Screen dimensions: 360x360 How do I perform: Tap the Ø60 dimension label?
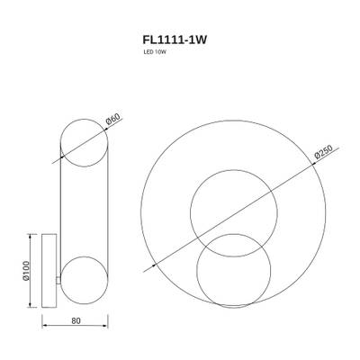[112, 118]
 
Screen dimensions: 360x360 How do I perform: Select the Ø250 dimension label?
[324, 155]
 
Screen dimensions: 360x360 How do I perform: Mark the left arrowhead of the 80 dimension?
[45, 328]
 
